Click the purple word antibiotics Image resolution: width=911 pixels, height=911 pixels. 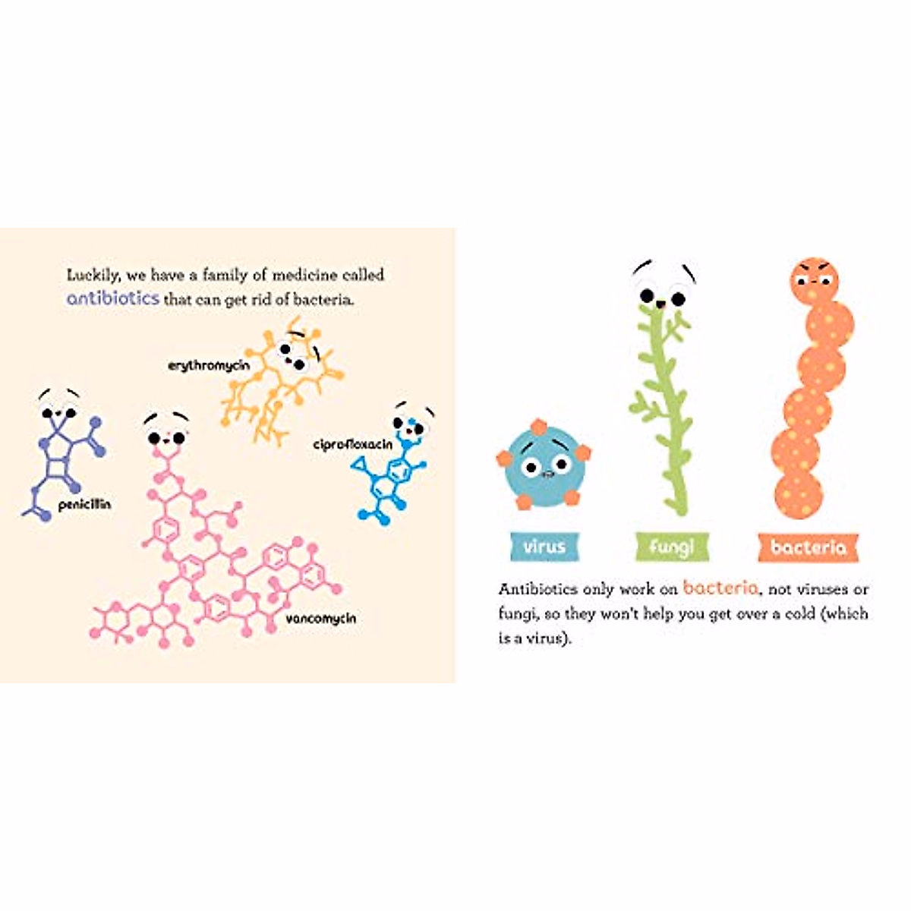pyautogui.click(x=113, y=298)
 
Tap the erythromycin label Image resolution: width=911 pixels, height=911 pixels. pyautogui.click(x=209, y=366)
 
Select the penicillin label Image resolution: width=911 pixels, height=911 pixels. pyautogui.click(x=84, y=505)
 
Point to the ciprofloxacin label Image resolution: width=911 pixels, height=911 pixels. pyautogui.click(x=353, y=444)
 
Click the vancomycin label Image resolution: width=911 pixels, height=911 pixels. pyautogui.click(x=320, y=619)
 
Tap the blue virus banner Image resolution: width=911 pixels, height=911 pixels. pyautogui.click(x=544, y=547)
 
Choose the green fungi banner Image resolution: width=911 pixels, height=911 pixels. pyautogui.click(x=672, y=547)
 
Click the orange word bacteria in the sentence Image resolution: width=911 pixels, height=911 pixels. pyautogui.click(x=720, y=588)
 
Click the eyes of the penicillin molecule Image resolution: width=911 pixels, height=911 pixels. pyautogui.click(x=58, y=413)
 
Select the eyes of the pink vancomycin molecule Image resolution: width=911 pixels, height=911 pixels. pyautogui.click(x=166, y=437)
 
